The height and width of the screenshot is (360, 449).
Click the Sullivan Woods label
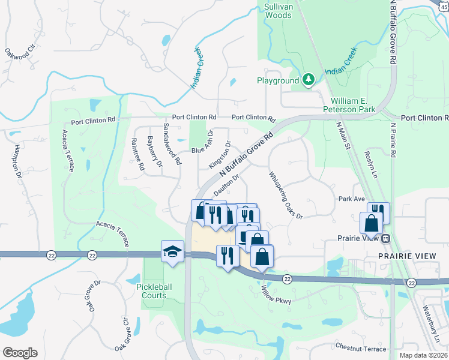[x=278, y=10]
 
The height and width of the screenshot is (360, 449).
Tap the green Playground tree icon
[x=308, y=79]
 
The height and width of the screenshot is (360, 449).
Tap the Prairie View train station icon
[x=386, y=238]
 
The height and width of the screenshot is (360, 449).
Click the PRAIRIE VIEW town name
[x=402, y=256]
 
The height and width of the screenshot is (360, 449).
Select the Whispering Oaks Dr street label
[x=286, y=195]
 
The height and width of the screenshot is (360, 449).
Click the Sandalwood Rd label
[x=172, y=145]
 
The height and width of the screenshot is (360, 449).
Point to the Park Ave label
[x=352, y=199]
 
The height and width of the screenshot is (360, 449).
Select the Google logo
[x=20, y=352]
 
